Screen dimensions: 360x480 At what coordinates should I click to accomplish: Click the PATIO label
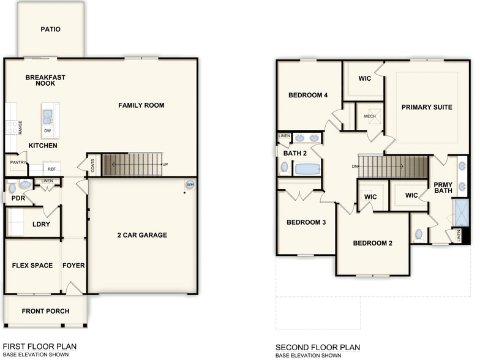pos(50,29)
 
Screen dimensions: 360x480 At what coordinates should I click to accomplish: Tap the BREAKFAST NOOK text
pos(45,80)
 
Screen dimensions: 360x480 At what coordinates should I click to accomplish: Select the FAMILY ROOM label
pos(141,105)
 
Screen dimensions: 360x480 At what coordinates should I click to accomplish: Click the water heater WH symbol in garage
pos(190,184)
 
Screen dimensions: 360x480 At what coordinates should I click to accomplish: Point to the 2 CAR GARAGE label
pos(142,235)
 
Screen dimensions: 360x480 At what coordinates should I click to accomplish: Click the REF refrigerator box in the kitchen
pos(51,168)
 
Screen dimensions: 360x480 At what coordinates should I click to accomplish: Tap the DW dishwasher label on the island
pos(48,130)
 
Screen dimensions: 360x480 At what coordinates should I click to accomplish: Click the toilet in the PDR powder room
pos(24,184)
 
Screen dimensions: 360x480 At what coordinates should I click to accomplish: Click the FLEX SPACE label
pos(32,266)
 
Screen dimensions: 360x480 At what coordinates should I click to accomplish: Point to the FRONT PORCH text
pos(45,311)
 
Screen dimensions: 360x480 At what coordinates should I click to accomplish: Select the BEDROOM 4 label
pos(308,95)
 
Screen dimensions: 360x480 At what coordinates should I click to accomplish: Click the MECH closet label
pos(370,116)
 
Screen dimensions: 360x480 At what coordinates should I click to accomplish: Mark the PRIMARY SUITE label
pos(427,107)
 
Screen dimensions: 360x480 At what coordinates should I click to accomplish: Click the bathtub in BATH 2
pos(307,168)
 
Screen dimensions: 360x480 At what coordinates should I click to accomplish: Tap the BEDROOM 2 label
pos(372,243)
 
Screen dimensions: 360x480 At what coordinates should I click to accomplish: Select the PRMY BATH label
pos(443,189)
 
